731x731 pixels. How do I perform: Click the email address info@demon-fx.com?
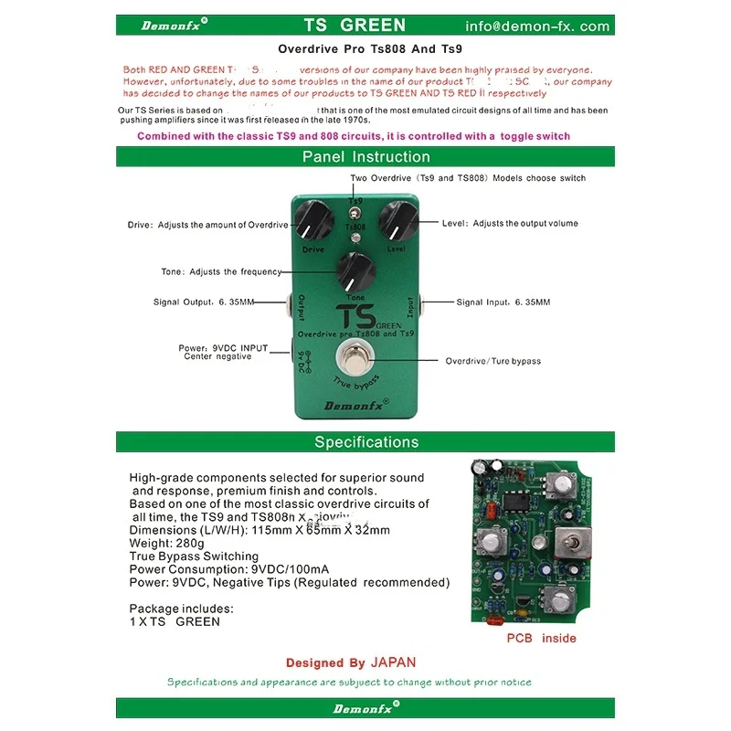[x=537, y=26]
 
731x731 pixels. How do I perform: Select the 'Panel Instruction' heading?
[x=365, y=157]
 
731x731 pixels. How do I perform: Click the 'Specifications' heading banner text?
[x=365, y=442]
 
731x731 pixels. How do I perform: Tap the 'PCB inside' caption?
[x=541, y=638]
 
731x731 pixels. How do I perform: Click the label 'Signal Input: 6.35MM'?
[x=503, y=302]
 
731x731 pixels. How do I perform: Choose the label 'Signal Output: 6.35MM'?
[x=204, y=302]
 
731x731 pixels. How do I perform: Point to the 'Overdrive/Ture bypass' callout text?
[x=493, y=361]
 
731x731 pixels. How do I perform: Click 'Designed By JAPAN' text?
[x=350, y=662]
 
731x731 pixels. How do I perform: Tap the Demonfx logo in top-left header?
[x=174, y=26]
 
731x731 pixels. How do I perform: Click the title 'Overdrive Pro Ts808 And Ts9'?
[x=365, y=52]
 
